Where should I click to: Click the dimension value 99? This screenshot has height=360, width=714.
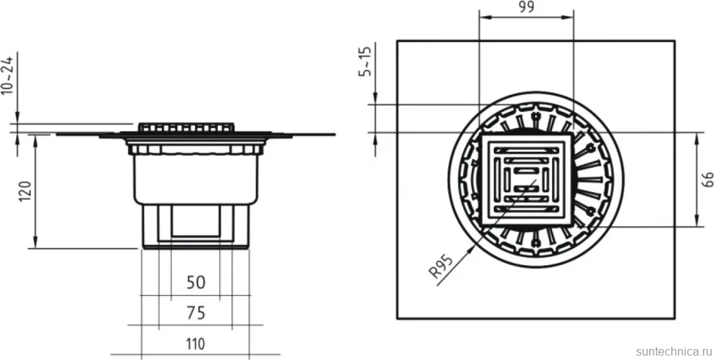[526, 7]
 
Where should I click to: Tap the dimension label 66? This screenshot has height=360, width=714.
[707, 179]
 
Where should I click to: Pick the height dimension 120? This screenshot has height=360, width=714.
[26, 192]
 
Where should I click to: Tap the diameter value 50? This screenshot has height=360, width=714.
[196, 283]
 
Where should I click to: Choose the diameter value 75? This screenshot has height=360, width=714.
[196, 313]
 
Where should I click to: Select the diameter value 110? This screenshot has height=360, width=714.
[195, 343]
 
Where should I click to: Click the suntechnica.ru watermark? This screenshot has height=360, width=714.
[674, 351]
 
